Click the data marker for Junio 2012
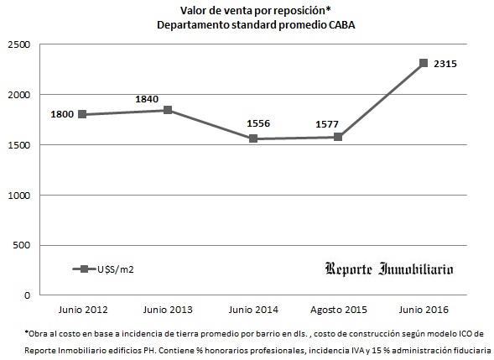click(x=82, y=114)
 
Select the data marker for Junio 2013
click(x=168, y=110)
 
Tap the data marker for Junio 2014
click(x=253, y=138)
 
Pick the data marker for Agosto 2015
click(x=338, y=137)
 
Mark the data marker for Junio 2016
click(x=424, y=63)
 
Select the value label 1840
click(x=148, y=99)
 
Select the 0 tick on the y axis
click(x=27, y=296)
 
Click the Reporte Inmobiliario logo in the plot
click(x=389, y=269)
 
